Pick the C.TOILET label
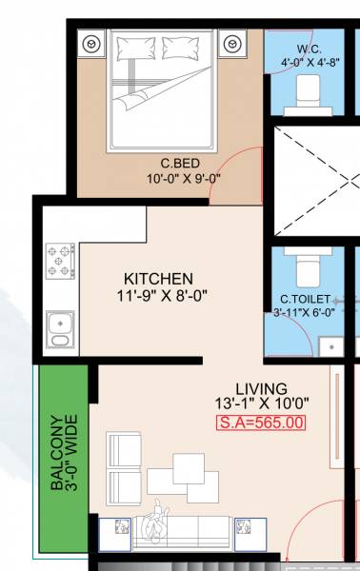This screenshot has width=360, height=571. [305, 298]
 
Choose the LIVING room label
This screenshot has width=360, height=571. [261, 388]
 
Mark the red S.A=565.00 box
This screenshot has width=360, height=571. [261, 423]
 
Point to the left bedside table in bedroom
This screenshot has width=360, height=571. [92, 44]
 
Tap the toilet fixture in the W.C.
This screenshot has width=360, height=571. [307, 90]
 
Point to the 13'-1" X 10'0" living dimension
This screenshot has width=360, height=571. [261, 404]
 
